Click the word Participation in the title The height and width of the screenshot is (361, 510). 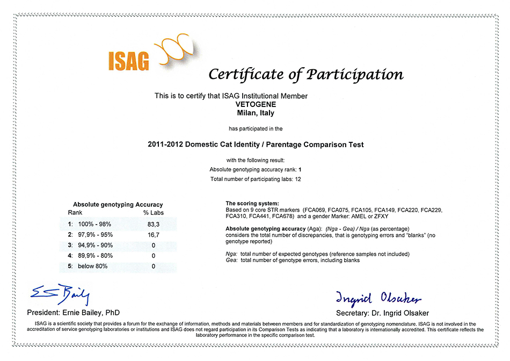click(x=355, y=75)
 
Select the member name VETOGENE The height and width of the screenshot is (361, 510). click(x=255, y=105)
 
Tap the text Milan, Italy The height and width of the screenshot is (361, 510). click(x=255, y=113)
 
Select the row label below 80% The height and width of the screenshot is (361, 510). click(x=93, y=266)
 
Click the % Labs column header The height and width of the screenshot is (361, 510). click(x=153, y=212)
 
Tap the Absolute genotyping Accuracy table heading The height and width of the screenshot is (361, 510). click(x=118, y=205)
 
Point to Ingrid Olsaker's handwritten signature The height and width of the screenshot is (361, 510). click(x=378, y=298)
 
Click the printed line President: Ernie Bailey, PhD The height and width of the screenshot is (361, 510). click(x=74, y=313)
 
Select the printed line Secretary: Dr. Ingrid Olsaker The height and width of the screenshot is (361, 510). click(x=382, y=313)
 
